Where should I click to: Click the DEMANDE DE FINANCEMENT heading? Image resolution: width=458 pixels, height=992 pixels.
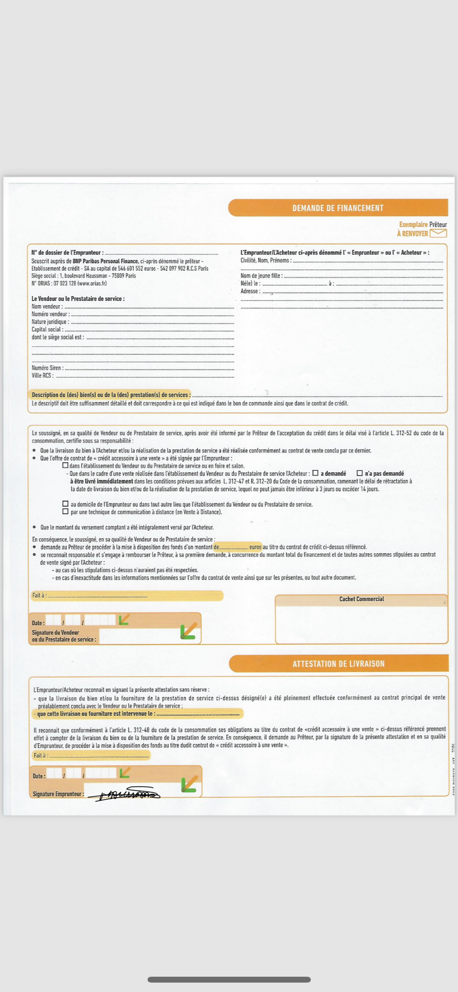tap(338, 208)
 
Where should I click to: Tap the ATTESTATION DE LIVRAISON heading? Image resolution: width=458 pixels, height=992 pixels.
tap(338, 664)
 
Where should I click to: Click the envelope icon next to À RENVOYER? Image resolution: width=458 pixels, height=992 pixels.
tap(438, 233)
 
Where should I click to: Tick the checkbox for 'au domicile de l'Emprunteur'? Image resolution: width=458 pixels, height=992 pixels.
tap(65, 504)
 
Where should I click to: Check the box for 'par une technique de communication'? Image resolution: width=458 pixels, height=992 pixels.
tap(65, 511)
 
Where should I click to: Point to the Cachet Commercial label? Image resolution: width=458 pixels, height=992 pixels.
tap(361, 599)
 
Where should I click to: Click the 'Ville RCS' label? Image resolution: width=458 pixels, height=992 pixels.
tap(42, 375)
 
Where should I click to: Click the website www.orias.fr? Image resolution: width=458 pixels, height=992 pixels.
tap(92, 284)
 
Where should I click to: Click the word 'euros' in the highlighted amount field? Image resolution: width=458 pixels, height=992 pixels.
tap(255, 547)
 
